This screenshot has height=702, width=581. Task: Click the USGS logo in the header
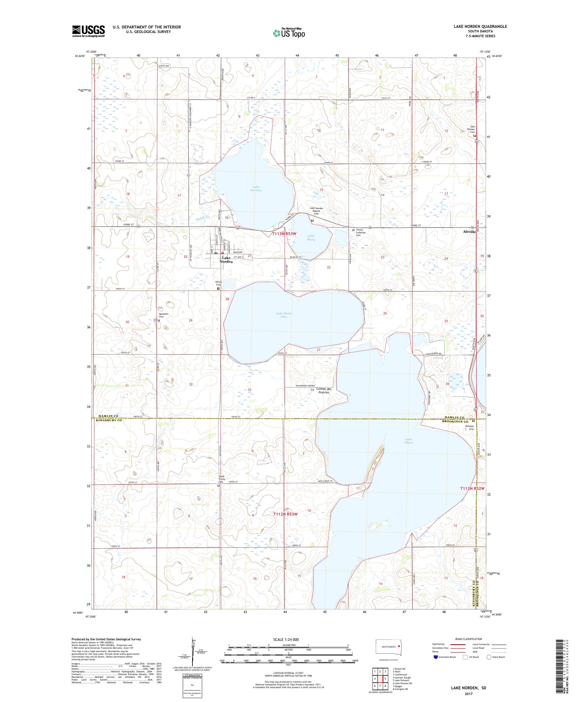click(88, 31)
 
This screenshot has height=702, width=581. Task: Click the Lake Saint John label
click(284, 315)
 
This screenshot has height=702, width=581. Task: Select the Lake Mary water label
click(310, 238)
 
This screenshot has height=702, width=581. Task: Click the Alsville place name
click(468, 231)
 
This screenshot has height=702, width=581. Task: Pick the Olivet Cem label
click(218, 284)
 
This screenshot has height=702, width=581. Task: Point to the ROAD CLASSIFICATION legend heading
click(469, 639)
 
